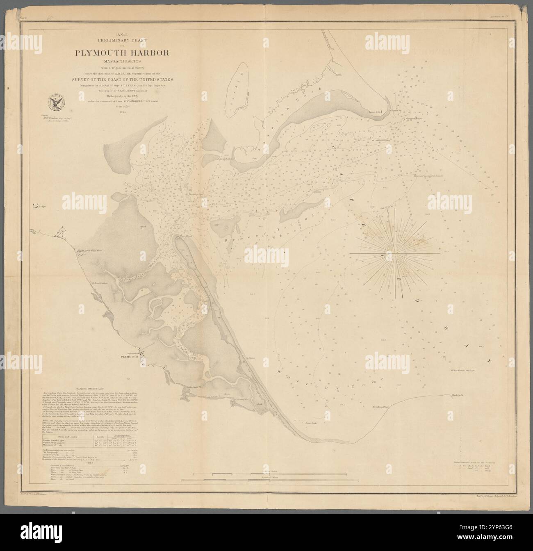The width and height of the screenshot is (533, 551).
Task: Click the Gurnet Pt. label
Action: (x=396, y=111)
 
